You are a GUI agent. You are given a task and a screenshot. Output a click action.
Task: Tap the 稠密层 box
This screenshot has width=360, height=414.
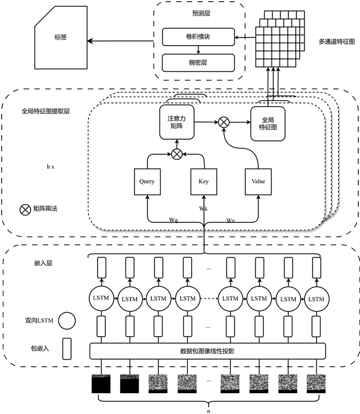[198, 61]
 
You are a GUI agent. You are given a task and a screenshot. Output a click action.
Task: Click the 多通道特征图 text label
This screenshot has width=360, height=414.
[336, 42]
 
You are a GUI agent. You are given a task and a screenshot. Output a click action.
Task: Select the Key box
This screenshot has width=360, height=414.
[203, 181]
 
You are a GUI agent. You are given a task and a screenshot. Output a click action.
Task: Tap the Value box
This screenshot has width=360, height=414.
[258, 181]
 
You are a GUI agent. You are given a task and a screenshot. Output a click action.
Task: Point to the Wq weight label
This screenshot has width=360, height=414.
[173, 219]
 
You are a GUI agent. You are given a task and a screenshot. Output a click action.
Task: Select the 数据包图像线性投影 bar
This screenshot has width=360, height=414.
[208, 350]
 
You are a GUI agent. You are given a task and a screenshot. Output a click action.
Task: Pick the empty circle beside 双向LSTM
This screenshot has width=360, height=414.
[66, 319]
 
